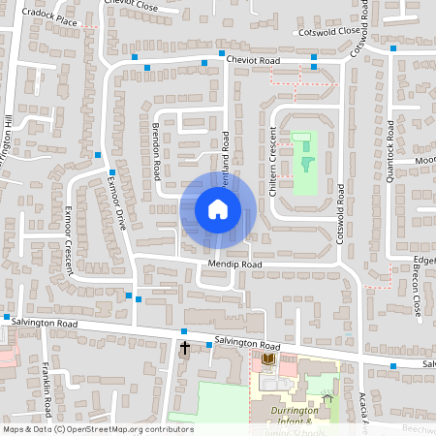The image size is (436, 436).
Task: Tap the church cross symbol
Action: pos(185,346)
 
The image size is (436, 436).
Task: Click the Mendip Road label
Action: pos(234,265)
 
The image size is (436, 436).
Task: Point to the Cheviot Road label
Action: pos(253,61)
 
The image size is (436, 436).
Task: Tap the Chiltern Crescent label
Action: pos(273,166)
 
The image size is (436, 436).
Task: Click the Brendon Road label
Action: pos(154,151)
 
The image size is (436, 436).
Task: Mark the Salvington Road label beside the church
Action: pos(247,345)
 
